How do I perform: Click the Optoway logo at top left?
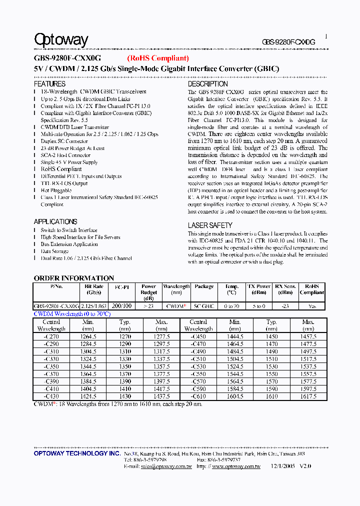(x=61, y=40)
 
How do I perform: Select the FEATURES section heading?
(x=49, y=84)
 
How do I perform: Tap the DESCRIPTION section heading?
(x=207, y=84)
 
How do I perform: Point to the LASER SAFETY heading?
(x=210, y=225)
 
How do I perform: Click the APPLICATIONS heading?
(x=55, y=221)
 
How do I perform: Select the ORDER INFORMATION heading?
(x=74, y=278)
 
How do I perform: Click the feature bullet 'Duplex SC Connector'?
(x=64, y=141)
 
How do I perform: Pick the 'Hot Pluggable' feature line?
(x=56, y=190)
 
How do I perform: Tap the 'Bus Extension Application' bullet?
(x=69, y=244)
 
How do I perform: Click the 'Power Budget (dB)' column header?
(x=149, y=292)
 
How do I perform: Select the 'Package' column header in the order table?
(x=204, y=286)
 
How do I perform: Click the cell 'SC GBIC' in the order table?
(x=204, y=306)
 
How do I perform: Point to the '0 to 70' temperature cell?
(x=231, y=306)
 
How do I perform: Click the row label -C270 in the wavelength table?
(x=51, y=337)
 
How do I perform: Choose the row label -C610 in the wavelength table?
(x=198, y=396)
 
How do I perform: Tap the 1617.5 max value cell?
(x=308, y=396)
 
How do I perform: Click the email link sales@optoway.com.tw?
(x=158, y=466)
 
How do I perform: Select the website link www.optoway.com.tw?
(x=236, y=466)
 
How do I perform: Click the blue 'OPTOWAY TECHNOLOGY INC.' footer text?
(x=77, y=453)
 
